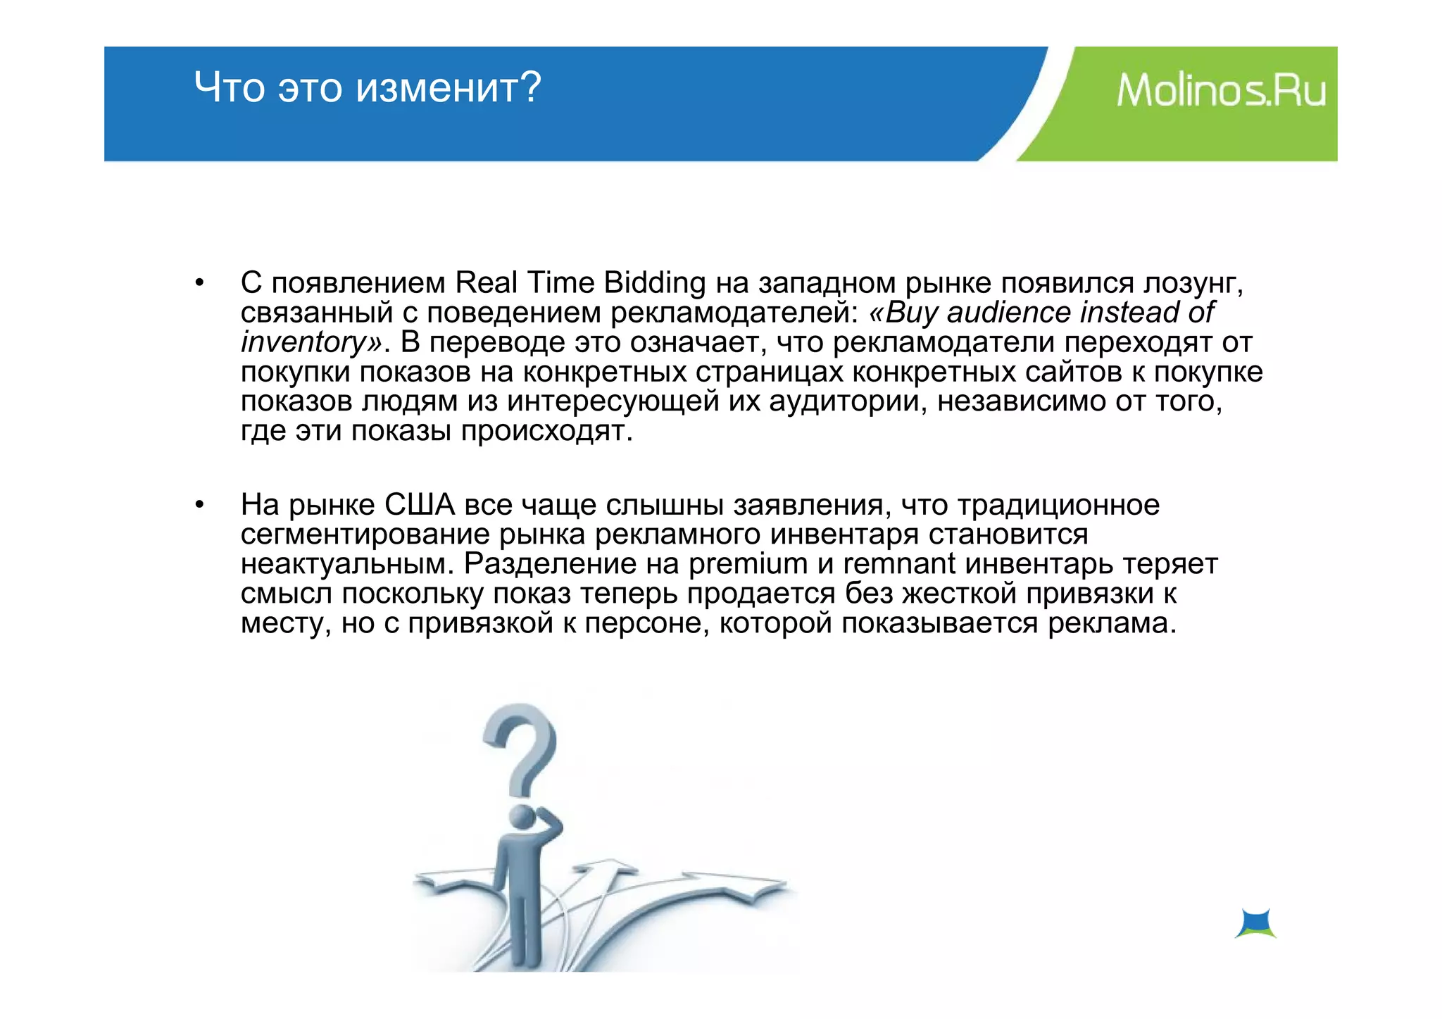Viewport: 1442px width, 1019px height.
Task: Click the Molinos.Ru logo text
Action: [x=1221, y=91]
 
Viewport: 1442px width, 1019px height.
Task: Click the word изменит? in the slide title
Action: [x=449, y=88]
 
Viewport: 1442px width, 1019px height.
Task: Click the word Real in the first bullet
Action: [x=485, y=282]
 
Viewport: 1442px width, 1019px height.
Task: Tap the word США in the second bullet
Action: [x=420, y=505]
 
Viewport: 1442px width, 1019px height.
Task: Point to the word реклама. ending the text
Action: [x=1112, y=623]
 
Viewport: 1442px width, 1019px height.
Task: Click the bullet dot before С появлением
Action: [x=200, y=283]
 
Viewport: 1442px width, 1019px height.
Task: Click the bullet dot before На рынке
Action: [x=200, y=505]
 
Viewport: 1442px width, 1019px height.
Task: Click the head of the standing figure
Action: [x=522, y=816]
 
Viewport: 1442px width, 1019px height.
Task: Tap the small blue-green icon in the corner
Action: [x=1255, y=923]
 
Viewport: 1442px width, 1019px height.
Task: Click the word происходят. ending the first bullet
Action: [x=546, y=431]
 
